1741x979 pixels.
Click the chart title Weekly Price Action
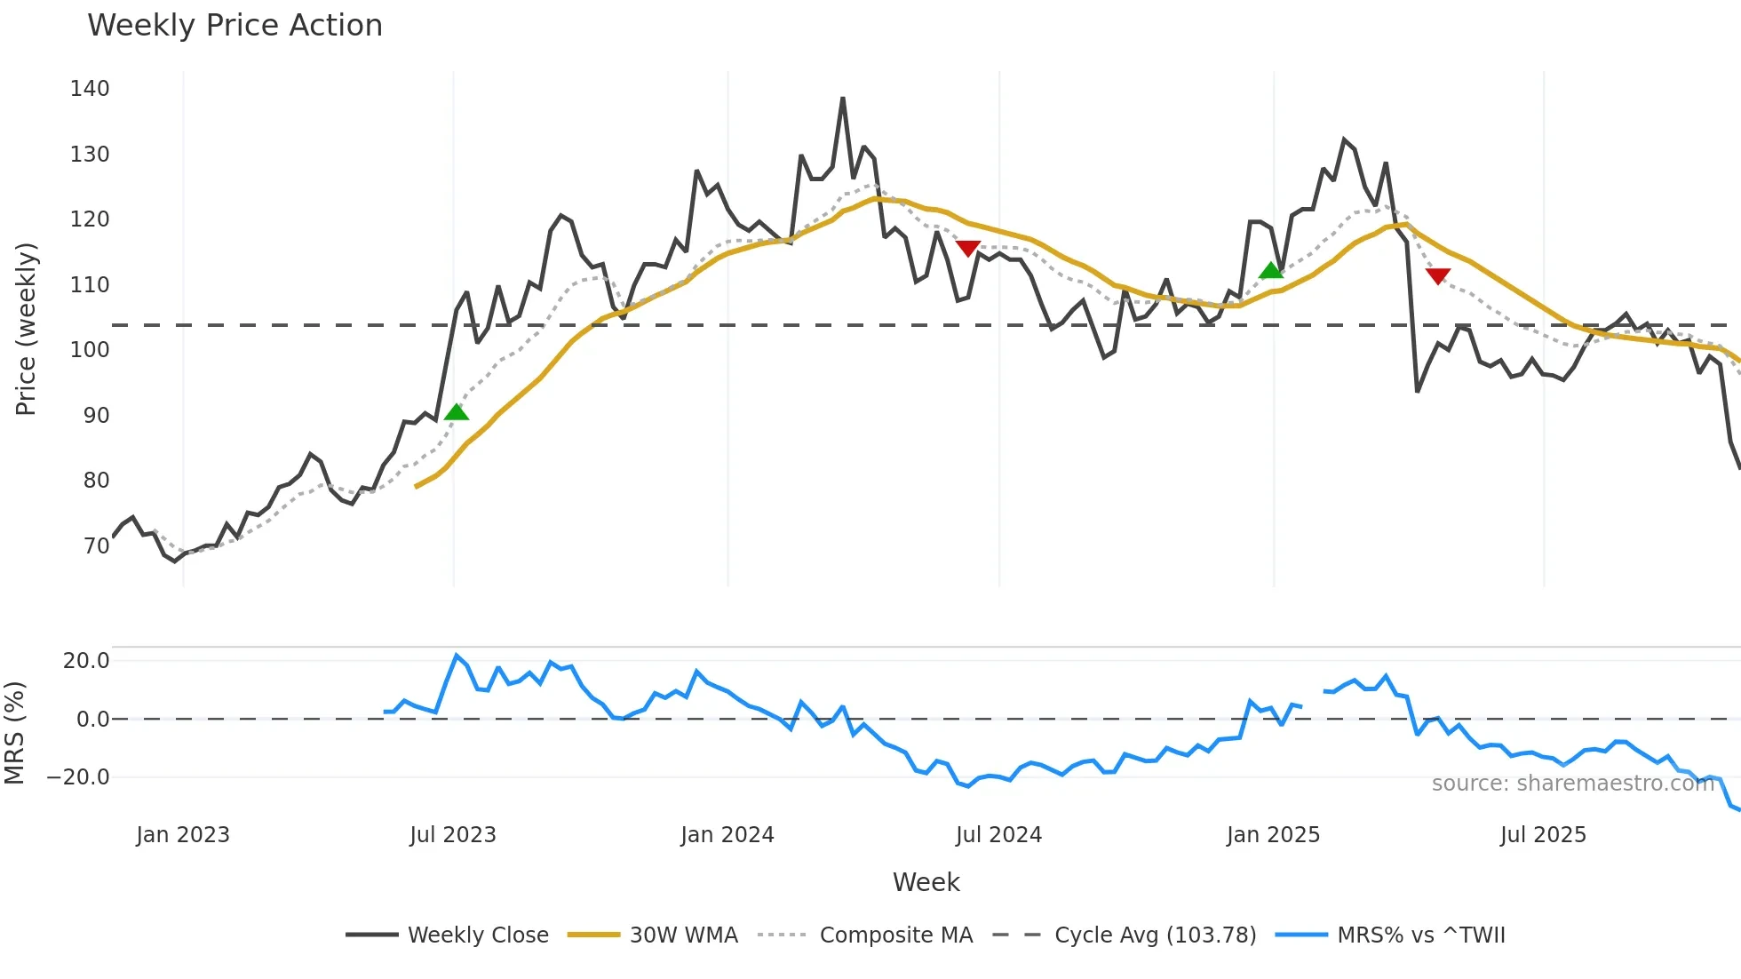pyautogui.click(x=235, y=26)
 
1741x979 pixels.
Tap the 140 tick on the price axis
pyautogui.click(x=90, y=89)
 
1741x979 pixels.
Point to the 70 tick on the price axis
pyautogui.click(x=96, y=545)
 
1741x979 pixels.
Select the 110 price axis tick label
pyautogui.click(x=90, y=285)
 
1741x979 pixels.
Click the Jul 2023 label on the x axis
pyautogui.click(x=453, y=835)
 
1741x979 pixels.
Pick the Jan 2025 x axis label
pyautogui.click(x=1273, y=835)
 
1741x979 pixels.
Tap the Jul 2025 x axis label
pyautogui.click(x=1543, y=835)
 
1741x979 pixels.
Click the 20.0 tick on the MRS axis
pyautogui.click(x=86, y=661)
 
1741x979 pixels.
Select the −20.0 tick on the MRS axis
pyautogui.click(x=78, y=777)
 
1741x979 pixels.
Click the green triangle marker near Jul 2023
pyautogui.click(x=457, y=411)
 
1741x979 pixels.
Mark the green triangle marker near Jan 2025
pyautogui.click(x=1271, y=270)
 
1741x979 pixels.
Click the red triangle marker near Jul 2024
pyautogui.click(x=968, y=248)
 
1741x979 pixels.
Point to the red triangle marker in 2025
pyautogui.click(x=1438, y=276)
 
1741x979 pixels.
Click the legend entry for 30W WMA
pyautogui.click(x=683, y=935)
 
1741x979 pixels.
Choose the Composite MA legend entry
pyautogui.click(x=895, y=935)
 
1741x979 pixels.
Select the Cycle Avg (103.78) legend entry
pyautogui.click(x=1155, y=935)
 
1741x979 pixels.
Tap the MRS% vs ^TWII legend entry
pyautogui.click(x=1420, y=935)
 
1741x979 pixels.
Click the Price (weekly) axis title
pyautogui.click(x=27, y=329)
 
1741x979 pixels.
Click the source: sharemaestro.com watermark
pyautogui.click(x=1572, y=784)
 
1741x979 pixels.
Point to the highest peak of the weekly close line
pyautogui.click(x=843, y=98)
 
